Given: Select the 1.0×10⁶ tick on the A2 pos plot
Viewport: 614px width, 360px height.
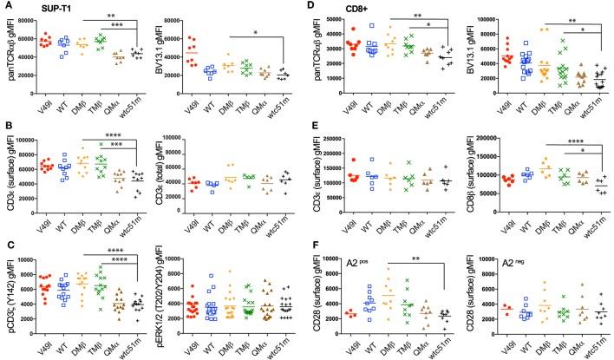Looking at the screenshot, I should pyautogui.click(x=339, y=259).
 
